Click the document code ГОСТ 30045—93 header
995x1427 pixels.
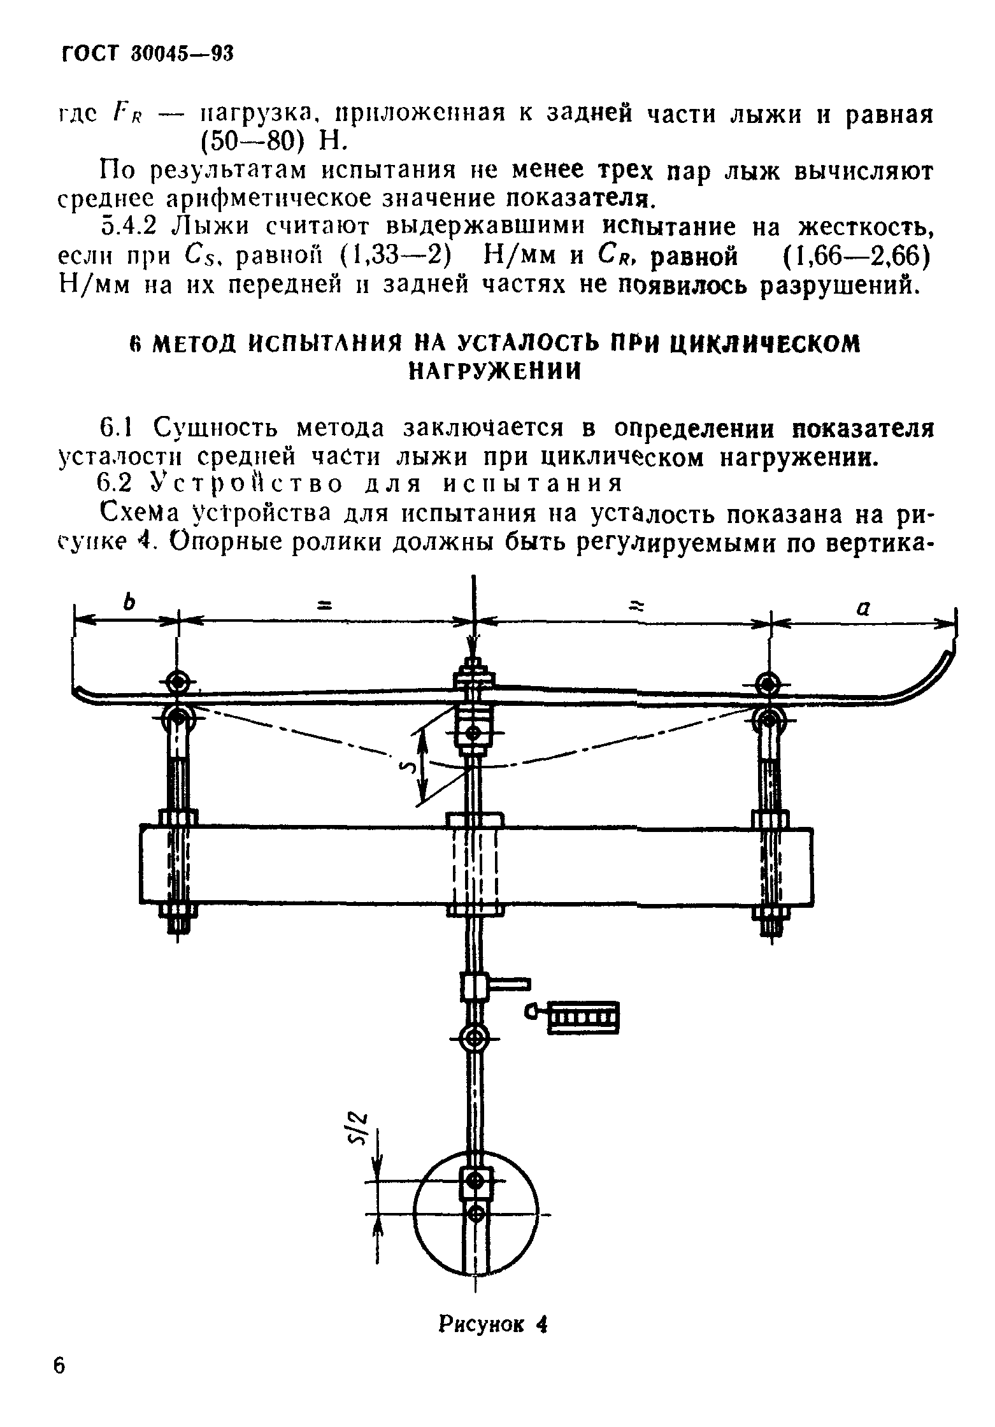coord(147,55)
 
